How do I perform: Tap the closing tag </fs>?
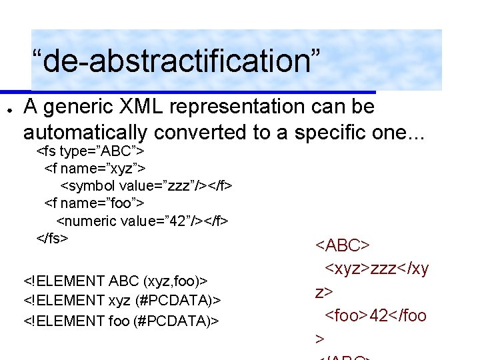tap(52, 237)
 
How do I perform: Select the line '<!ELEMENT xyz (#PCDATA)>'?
tap(122, 301)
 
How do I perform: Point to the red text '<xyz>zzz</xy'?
tap(377, 269)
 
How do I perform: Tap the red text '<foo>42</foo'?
tap(375, 315)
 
